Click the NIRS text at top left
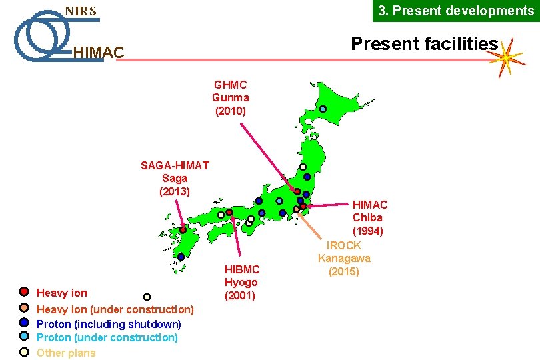pyautogui.click(x=80, y=11)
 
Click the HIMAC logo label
pyautogui.click(x=98, y=52)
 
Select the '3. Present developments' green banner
pyautogui.click(x=456, y=11)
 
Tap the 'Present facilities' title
pyautogui.click(x=424, y=44)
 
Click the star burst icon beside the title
pyautogui.click(x=507, y=57)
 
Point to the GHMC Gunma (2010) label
pyautogui.click(x=231, y=97)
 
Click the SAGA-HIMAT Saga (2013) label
pyautogui.click(x=175, y=178)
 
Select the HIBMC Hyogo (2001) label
pyautogui.click(x=241, y=282)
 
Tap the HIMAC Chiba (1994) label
pyautogui.click(x=369, y=217)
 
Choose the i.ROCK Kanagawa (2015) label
pyautogui.click(x=344, y=259)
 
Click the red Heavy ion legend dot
pyautogui.click(x=23, y=292)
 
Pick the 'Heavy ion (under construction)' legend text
pyautogui.click(x=115, y=309)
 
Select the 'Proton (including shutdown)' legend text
pyautogui.click(x=109, y=324)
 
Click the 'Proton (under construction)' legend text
pyautogui.click(x=107, y=337)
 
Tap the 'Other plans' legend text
pyautogui.click(x=66, y=353)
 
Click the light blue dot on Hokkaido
pyautogui.click(x=323, y=109)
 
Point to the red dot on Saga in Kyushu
pyautogui.click(x=183, y=230)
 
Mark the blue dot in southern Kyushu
pyautogui.click(x=181, y=257)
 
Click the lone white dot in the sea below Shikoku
pyautogui.click(x=147, y=297)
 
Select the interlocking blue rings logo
pyautogui.click(x=40, y=35)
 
